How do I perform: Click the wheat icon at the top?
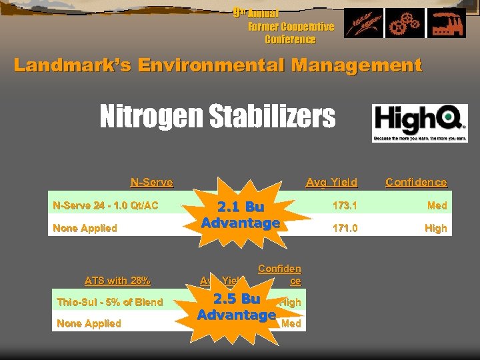363,24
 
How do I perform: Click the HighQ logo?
419,123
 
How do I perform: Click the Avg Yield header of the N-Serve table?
331,182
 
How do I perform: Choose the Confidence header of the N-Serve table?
416,182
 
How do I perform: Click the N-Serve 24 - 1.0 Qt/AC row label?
105,205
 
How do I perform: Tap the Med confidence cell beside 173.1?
437,205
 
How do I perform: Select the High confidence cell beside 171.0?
435,228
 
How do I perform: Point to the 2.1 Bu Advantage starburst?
241,215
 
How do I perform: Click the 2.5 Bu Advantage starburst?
237,307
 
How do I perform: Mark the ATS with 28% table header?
117,280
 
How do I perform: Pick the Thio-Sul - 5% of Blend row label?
110,302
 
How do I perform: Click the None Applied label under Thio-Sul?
89,323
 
